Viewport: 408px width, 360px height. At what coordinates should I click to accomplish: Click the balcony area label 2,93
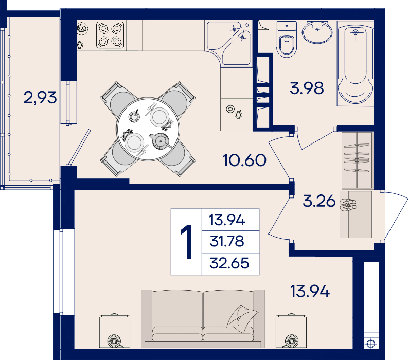(40, 97)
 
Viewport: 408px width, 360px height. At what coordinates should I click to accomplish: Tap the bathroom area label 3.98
(307, 88)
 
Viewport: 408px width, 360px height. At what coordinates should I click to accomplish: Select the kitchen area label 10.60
(244, 160)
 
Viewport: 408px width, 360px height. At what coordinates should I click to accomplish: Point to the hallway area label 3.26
(320, 201)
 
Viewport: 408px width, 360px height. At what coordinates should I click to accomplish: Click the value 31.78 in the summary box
(227, 241)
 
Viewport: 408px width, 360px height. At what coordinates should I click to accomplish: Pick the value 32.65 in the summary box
(229, 263)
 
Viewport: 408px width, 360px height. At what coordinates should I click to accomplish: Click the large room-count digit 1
(187, 242)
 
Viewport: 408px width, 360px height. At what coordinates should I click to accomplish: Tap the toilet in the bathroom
(287, 39)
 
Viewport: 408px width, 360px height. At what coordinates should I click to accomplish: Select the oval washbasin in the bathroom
(317, 32)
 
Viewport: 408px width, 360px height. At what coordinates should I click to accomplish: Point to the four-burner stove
(110, 35)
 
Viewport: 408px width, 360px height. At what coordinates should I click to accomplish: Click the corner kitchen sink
(229, 43)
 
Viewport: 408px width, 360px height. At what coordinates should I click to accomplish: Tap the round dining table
(148, 129)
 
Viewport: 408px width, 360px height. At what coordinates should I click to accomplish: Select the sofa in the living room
(203, 319)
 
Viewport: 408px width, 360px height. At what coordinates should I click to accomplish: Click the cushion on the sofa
(242, 319)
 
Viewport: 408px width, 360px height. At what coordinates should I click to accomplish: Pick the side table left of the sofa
(115, 331)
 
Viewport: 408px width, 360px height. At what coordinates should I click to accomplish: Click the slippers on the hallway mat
(348, 205)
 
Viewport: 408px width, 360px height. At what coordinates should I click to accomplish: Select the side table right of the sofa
(291, 331)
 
